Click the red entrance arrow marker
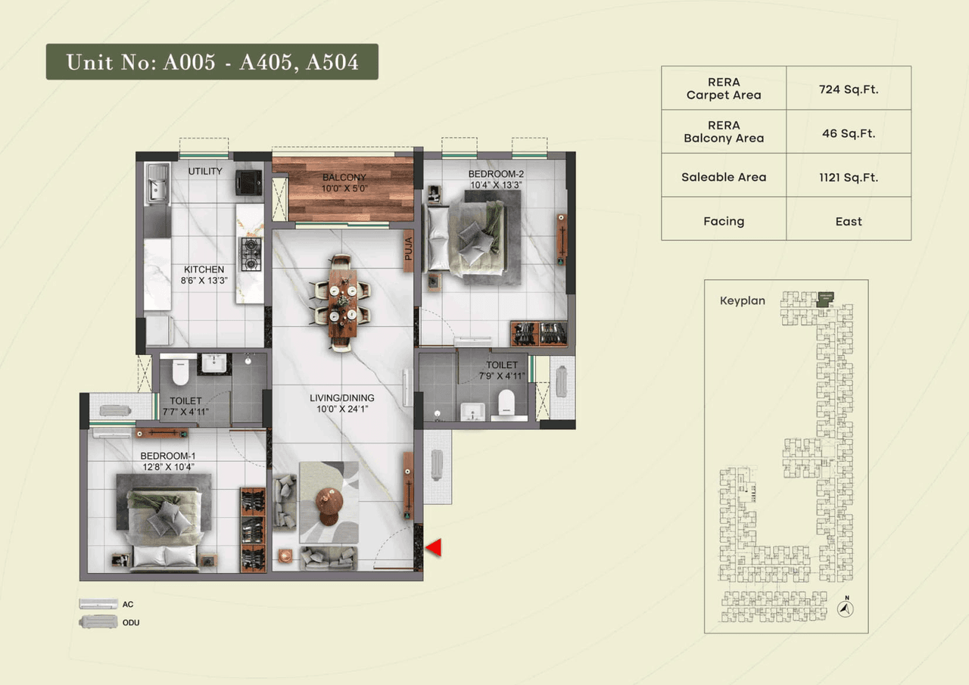click(x=432, y=548)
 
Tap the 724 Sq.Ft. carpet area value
click(x=848, y=89)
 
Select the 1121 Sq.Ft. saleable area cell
click(x=848, y=177)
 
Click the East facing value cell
click(x=848, y=221)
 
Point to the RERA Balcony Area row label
click(x=724, y=132)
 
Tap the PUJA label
click(x=408, y=250)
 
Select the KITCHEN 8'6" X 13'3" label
click(x=204, y=274)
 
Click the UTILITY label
click(x=205, y=171)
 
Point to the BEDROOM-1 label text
click(x=168, y=461)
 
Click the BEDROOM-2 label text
click(x=496, y=179)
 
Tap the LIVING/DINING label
click(x=341, y=403)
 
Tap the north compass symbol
click(x=848, y=607)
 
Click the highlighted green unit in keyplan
click(x=824, y=298)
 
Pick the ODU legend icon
click(x=98, y=622)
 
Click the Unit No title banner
click(x=212, y=62)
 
